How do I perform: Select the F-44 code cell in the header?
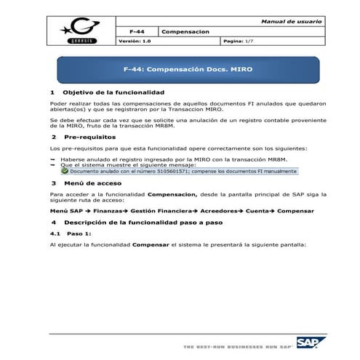point(136,32)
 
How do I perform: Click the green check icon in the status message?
point(65,172)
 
